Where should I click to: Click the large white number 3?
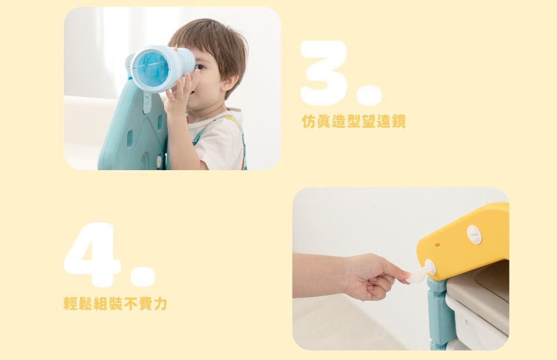tap(324, 73)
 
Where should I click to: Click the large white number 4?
tap(92, 254)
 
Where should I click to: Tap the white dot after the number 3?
tap(369, 95)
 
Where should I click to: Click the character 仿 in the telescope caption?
tap(308, 121)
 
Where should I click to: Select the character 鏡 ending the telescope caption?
tap(399, 121)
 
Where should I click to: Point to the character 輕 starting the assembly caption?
tap(70, 303)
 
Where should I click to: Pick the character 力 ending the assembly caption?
tap(160, 303)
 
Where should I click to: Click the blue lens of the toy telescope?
tap(153, 69)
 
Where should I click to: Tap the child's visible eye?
tap(200, 67)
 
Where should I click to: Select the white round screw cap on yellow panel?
tap(474, 234)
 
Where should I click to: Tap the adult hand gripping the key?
tap(374, 276)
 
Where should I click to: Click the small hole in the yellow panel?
tap(437, 245)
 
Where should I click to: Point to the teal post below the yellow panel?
tap(440, 313)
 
